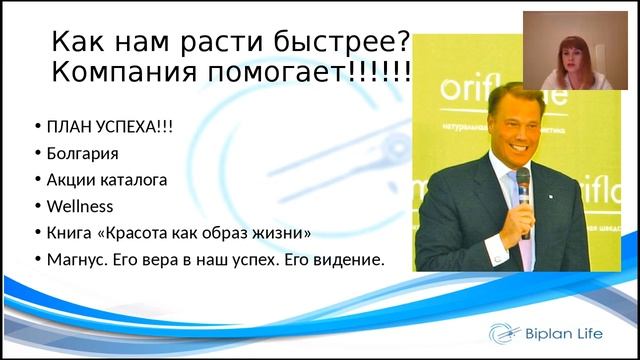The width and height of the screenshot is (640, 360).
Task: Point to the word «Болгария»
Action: tap(82, 154)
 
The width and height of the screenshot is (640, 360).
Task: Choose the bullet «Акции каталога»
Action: tap(106, 180)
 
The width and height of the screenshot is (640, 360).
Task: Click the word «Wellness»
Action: tap(80, 206)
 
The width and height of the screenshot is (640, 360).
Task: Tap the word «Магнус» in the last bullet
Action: tap(78, 259)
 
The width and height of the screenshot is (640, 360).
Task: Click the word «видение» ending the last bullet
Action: tap(347, 259)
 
